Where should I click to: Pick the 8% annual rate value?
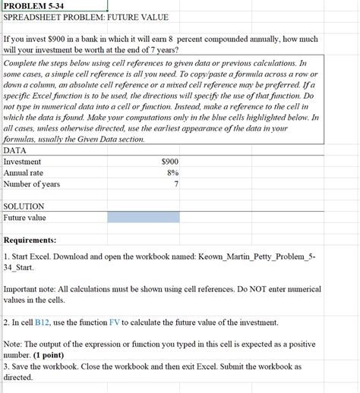(172, 173)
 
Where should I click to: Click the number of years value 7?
(176, 184)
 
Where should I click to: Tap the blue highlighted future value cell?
(144, 218)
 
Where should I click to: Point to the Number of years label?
(32, 184)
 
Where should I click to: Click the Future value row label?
(25, 218)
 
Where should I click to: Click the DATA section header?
(15, 150)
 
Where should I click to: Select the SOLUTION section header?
(24, 206)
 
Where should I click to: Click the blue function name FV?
(125, 322)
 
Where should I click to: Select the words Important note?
(34, 290)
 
